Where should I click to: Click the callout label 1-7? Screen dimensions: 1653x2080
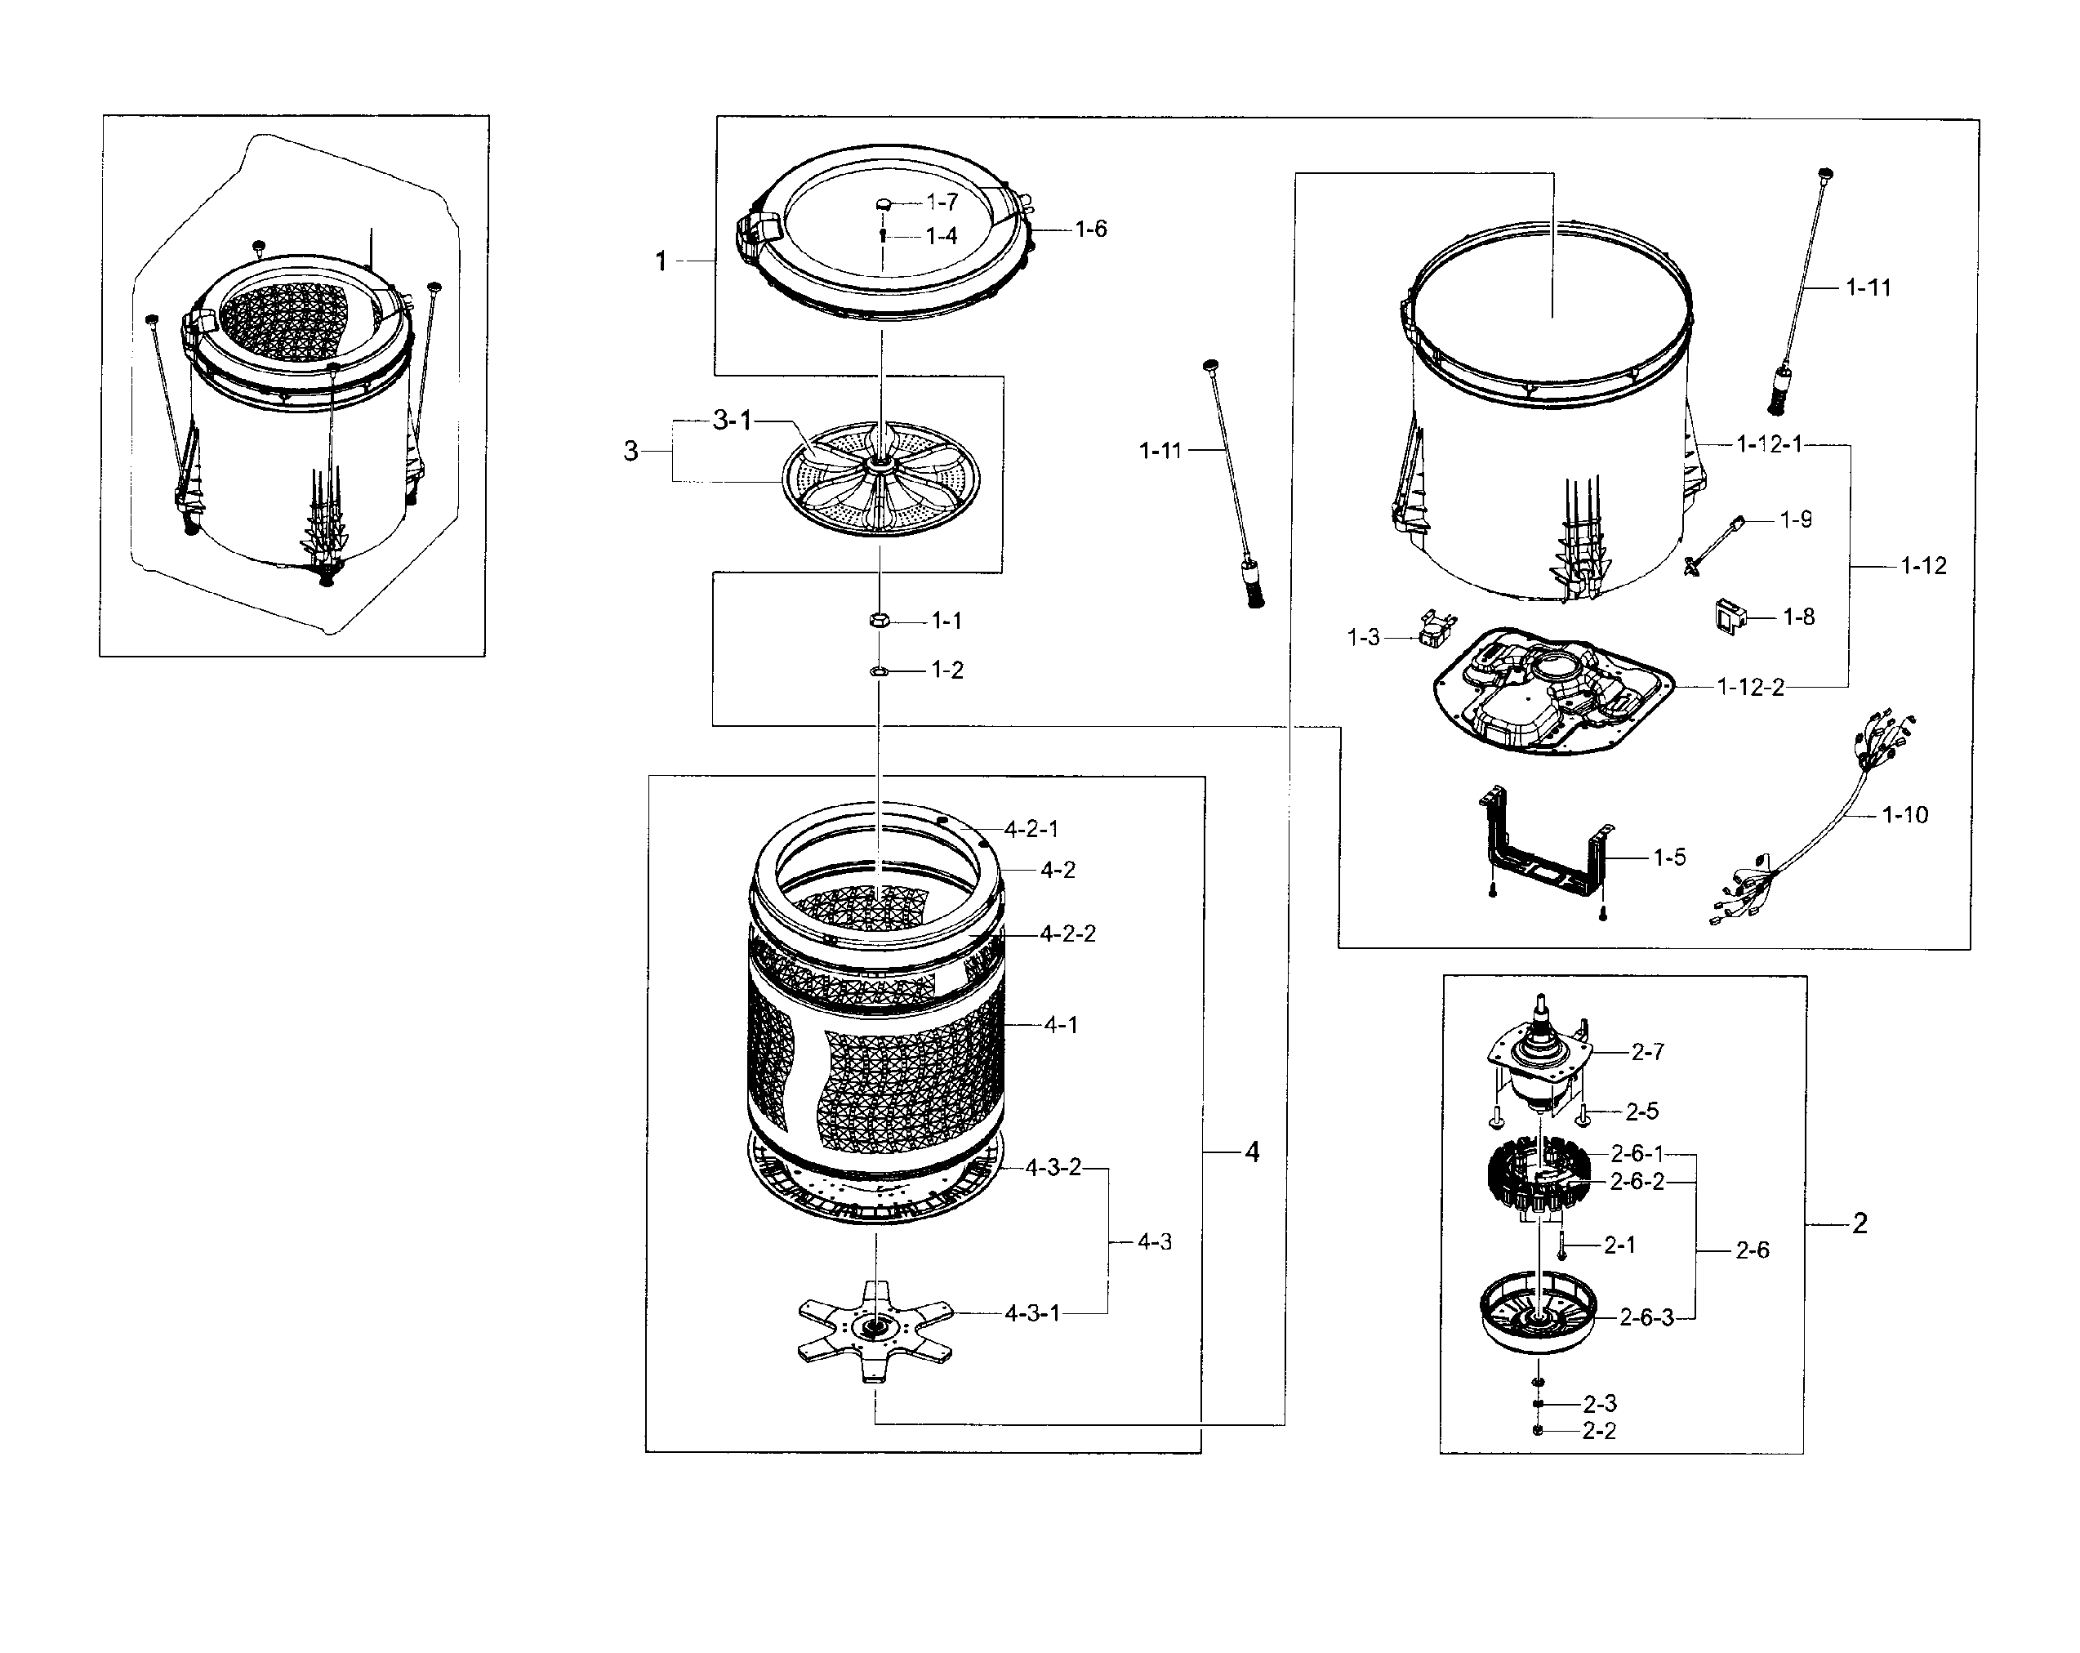click(942, 202)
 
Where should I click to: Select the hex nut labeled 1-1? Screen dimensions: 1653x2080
click(878, 621)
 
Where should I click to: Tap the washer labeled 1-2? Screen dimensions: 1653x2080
click(878, 670)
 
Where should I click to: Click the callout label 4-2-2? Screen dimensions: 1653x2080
click(1068, 934)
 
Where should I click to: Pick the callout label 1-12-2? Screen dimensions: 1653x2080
click(1750, 687)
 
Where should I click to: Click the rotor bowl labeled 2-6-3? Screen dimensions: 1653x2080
click(1536, 1314)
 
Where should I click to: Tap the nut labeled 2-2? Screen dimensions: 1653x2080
click(1538, 1430)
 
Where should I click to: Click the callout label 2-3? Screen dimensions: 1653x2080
click(1599, 1404)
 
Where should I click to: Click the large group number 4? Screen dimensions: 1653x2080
click(1251, 1152)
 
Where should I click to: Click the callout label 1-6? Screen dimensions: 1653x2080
click(1091, 229)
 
